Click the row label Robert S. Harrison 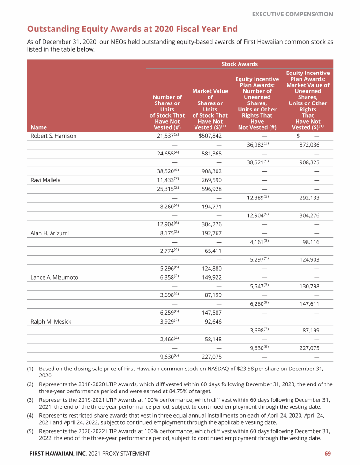point(53,136)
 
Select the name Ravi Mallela point(45,180)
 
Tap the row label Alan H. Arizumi point(50,233)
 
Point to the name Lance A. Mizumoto point(54,277)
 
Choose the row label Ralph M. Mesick point(51,322)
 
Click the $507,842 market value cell point(210,136)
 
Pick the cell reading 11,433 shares point(166,180)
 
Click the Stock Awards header point(239,64)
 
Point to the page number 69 point(329,453)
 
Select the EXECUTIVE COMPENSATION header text point(292,14)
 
